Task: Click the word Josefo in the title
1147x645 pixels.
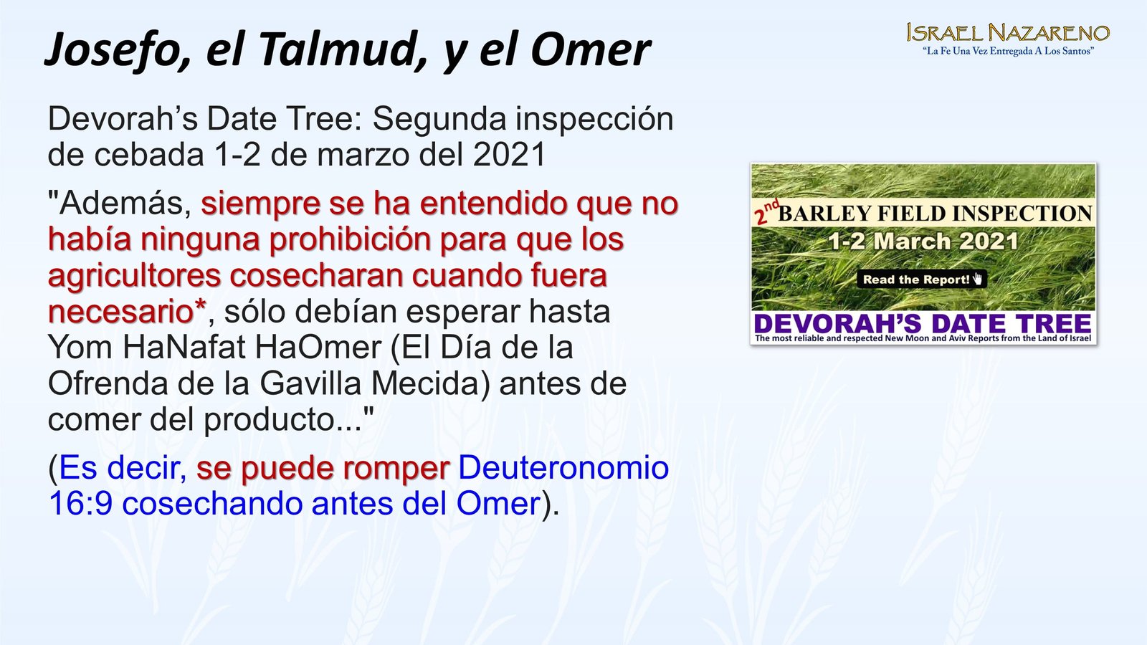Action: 118,50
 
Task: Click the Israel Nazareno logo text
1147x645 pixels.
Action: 1008,33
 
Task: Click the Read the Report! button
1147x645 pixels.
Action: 922,279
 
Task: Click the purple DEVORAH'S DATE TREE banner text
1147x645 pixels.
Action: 923,323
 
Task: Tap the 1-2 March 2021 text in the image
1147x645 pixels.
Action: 923,241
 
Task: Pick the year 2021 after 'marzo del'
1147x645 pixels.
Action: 509,154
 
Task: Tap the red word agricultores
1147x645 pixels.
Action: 134,276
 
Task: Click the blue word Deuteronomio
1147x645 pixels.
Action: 563,468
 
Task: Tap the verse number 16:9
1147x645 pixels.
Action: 80,504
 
